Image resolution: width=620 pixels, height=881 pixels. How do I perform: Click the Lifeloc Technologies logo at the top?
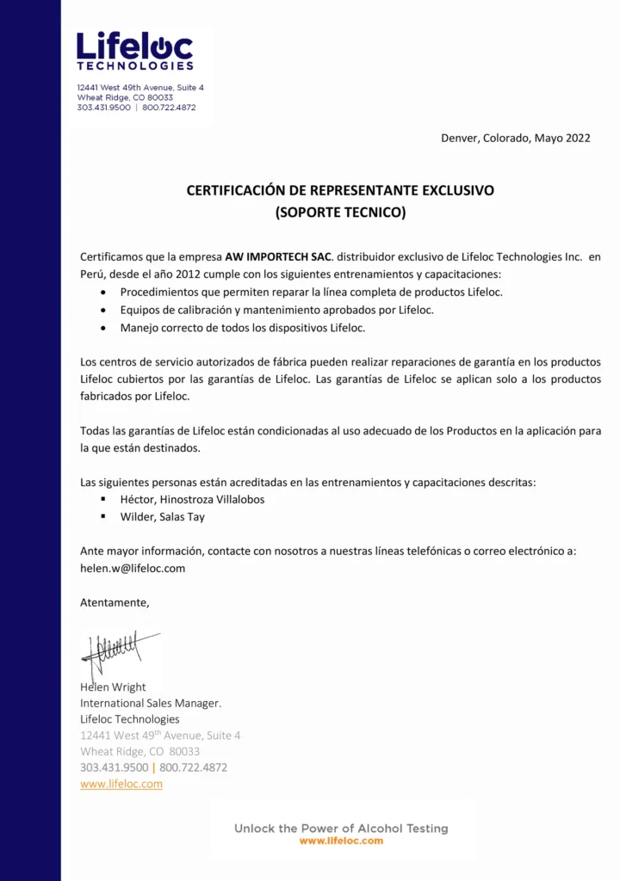tap(135, 52)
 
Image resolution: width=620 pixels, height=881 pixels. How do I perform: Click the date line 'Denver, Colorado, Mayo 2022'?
tap(515, 138)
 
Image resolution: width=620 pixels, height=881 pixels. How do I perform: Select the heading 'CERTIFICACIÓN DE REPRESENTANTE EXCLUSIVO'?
tap(340, 190)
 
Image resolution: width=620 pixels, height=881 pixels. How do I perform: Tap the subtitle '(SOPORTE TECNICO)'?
tap(340, 212)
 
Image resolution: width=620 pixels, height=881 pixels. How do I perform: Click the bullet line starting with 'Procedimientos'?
tap(311, 292)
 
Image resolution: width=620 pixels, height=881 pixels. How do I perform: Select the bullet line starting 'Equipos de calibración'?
tap(276, 310)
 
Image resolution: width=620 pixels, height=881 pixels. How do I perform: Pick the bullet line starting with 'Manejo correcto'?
tap(243, 328)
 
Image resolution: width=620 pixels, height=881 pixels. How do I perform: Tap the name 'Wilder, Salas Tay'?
tap(162, 517)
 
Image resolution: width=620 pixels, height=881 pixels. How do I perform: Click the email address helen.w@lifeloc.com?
tap(133, 568)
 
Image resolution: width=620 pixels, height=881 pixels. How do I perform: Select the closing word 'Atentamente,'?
tap(115, 602)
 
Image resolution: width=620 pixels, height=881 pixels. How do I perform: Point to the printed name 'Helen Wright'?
tap(113, 687)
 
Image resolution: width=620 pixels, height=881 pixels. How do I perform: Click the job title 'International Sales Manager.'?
tap(151, 703)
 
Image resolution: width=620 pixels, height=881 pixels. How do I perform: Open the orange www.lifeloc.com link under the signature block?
tap(121, 784)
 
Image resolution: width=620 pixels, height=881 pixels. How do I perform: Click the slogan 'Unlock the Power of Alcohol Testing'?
tap(341, 828)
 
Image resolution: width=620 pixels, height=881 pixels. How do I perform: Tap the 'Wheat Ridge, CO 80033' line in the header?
tap(125, 98)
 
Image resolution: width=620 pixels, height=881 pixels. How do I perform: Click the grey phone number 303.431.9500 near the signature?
tap(114, 767)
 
